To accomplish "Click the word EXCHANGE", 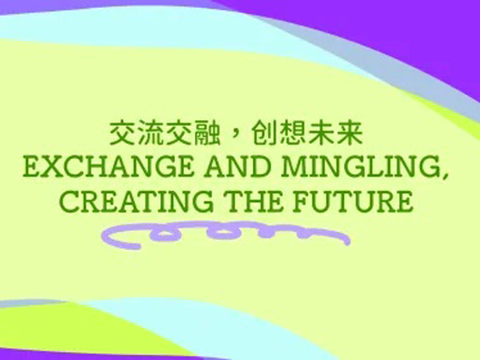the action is click(x=109, y=167).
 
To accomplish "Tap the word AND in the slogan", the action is click(x=238, y=167).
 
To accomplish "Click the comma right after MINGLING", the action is click(x=446, y=175).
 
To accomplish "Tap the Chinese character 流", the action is click(x=150, y=134).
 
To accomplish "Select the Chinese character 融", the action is click(x=207, y=134).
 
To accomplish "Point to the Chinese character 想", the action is click(x=292, y=134).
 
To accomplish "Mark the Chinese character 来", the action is click(x=350, y=134).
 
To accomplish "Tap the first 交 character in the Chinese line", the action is click(x=122, y=134).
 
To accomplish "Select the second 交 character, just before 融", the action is click(x=178, y=134).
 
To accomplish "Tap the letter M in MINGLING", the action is click(x=295, y=167).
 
